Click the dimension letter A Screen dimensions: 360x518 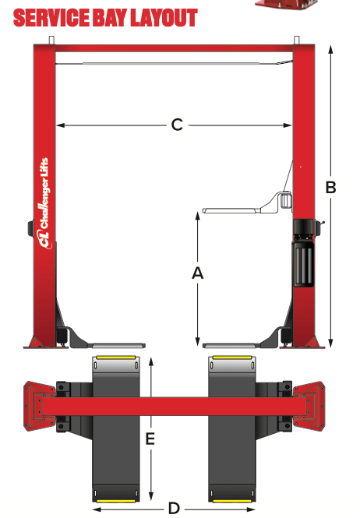pyautogui.click(x=198, y=273)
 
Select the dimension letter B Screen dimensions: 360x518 pyautogui.click(x=331, y=187)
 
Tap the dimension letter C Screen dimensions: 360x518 pyautogui.click(x=177, y=125)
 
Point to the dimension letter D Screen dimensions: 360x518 pyautogui.click(x=174, y=508)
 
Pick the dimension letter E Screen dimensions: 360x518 pyautogui.click(x=150, y=439)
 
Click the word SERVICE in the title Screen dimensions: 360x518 pyautogui.click(x=52, y=18)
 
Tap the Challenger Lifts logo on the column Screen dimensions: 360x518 pyautogui.click(x=44, y=203)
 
